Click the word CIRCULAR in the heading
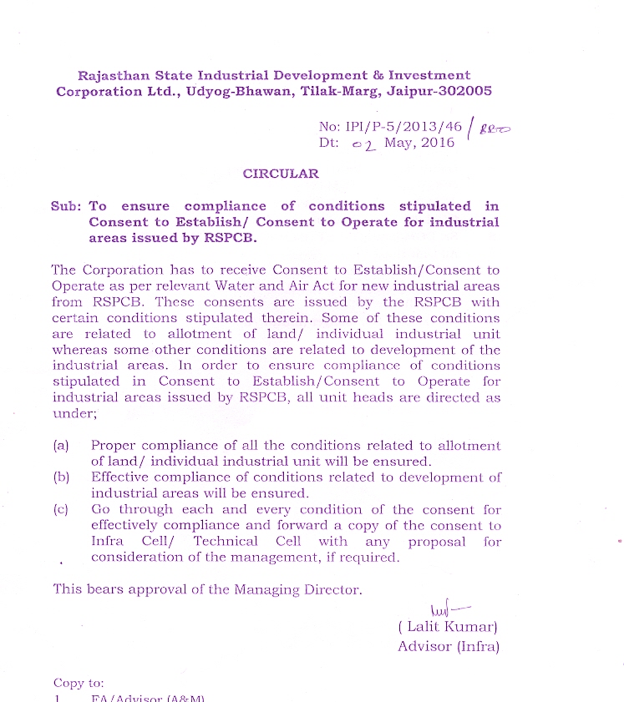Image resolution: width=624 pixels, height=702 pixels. pos(281,174)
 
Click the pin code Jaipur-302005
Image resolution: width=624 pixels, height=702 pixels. pos(440,92)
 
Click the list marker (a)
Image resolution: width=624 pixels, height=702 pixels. pos(61,446)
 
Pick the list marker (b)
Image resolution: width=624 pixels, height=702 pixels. pos(61,477)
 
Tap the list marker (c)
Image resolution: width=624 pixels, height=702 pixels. pos(61,509)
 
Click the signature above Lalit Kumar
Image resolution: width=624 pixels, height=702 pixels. pos(443,612)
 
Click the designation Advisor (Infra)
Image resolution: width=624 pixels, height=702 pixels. pos(448,646)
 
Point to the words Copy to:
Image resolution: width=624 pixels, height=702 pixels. pos(79,683)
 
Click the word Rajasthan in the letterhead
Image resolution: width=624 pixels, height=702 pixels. pos(114,75)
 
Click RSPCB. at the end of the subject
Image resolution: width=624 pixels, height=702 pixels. pos(227,238)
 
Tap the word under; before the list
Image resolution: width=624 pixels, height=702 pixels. pos(70,413)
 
